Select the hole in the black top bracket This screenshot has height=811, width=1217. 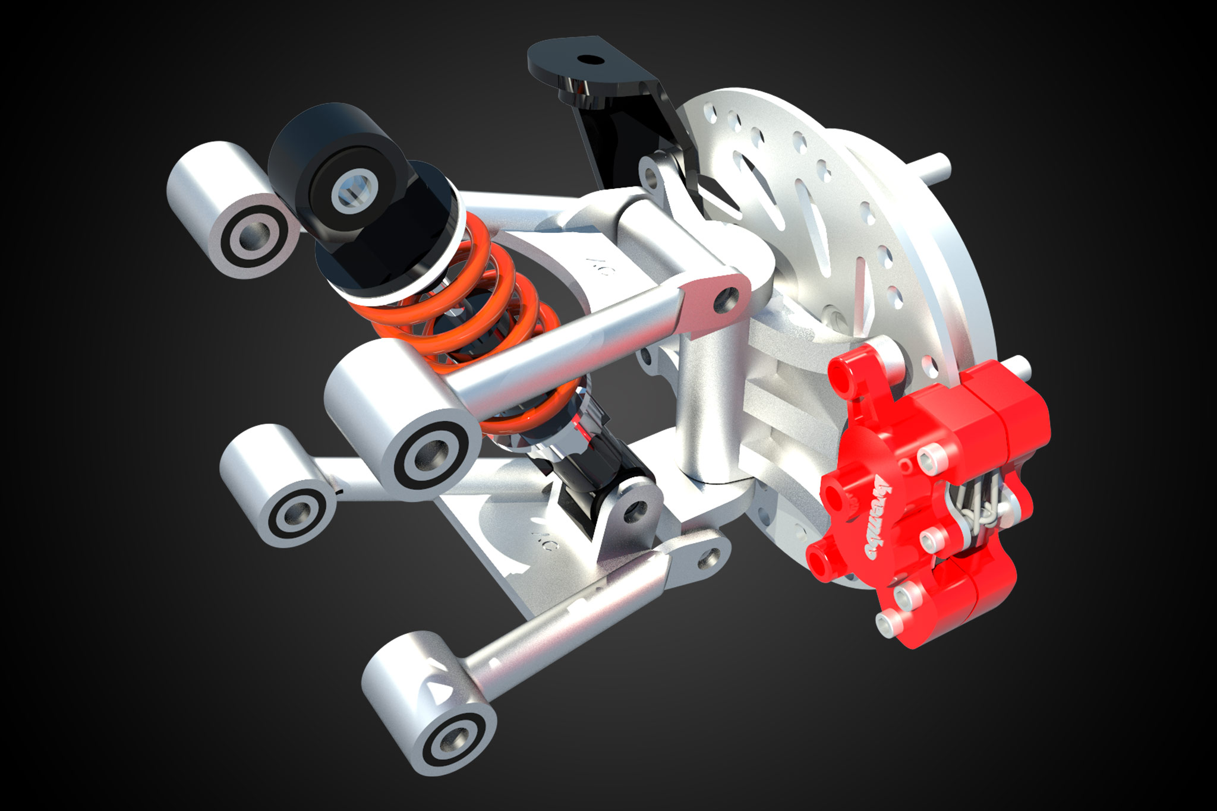pos(589,60)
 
